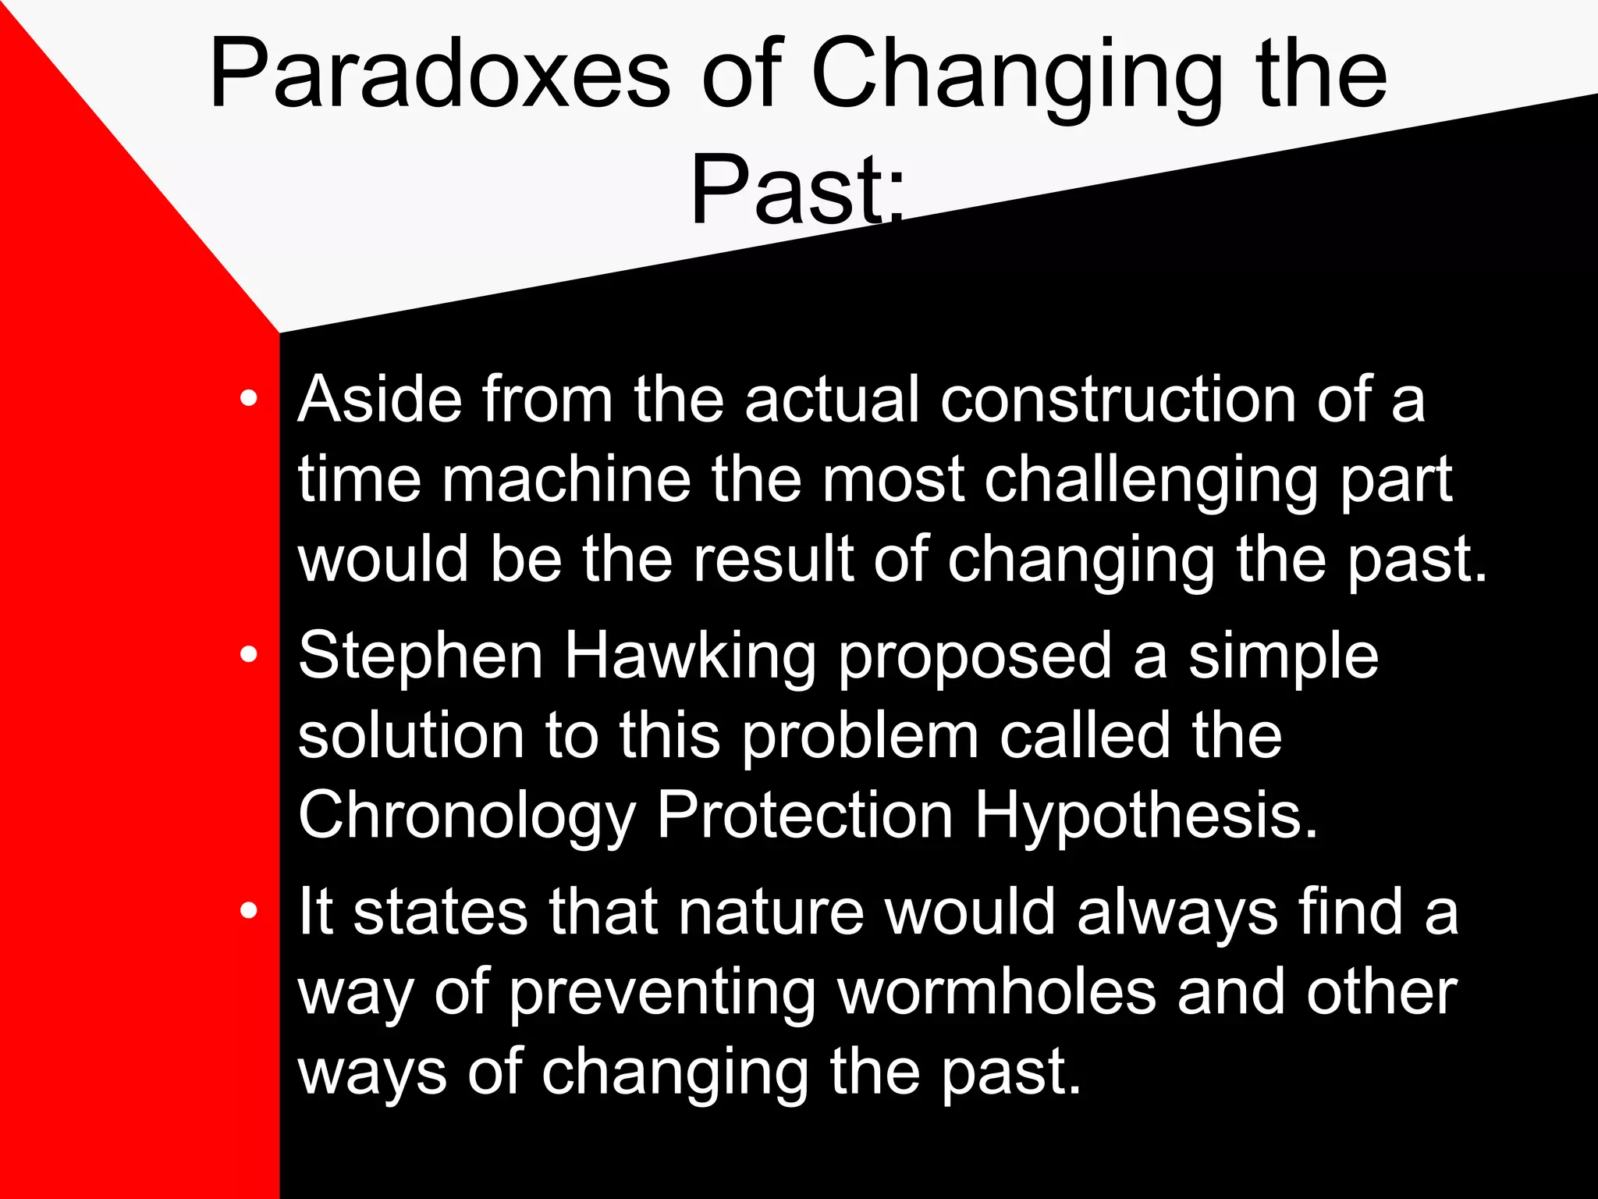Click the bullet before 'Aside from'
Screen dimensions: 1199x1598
(248, 399)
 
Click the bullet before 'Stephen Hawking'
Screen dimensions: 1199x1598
(248, 656)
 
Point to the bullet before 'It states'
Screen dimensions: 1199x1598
(248, 911)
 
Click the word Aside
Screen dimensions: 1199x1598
(380, 400)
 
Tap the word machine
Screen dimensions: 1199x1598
(566, 479)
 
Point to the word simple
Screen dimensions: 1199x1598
(1283, 658)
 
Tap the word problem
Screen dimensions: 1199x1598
(859, 738)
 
